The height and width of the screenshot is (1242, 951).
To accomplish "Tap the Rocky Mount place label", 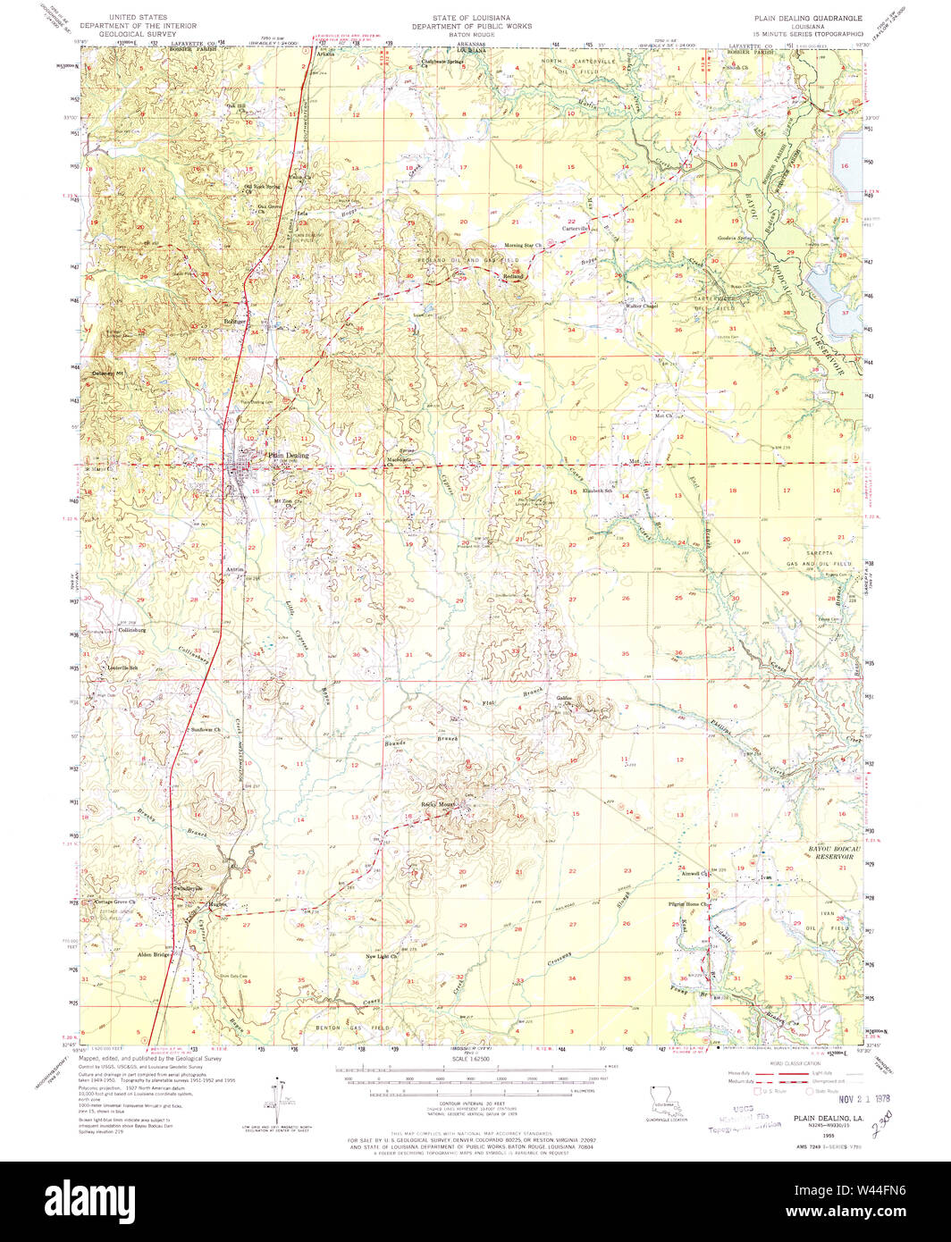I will pyautogui.click(x=439, y=804).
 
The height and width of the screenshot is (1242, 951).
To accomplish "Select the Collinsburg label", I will pyautogui.click(x=132, y=630).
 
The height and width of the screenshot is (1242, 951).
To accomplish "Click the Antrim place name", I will pyautogui.click(x=236, y=568).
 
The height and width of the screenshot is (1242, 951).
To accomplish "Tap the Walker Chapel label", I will pyautogui.click(x=642, y=306).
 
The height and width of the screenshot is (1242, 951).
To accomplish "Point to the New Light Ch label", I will pyautogui.click(x=382, y=957).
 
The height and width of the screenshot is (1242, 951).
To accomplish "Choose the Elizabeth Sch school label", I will pyautogui.click(x=597, y=491).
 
